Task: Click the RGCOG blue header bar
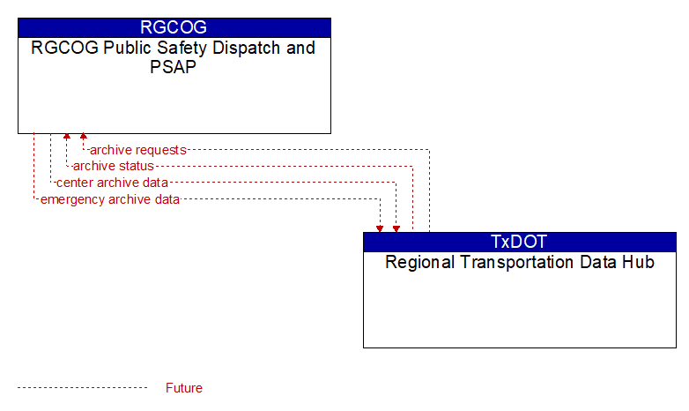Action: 174,27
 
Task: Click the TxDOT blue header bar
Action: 520,242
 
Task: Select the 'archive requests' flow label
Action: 138,150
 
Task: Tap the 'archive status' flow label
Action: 114,166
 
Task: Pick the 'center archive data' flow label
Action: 112,183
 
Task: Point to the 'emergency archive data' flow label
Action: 110,199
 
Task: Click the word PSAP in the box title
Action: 173,67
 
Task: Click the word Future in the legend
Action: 183,388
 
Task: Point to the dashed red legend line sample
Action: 82,388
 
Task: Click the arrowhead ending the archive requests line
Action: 83,137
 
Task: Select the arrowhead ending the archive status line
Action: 67,137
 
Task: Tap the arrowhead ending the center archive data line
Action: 396,228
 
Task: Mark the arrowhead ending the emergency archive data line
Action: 380,228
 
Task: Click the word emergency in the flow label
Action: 73,200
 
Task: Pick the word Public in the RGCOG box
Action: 128,48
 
